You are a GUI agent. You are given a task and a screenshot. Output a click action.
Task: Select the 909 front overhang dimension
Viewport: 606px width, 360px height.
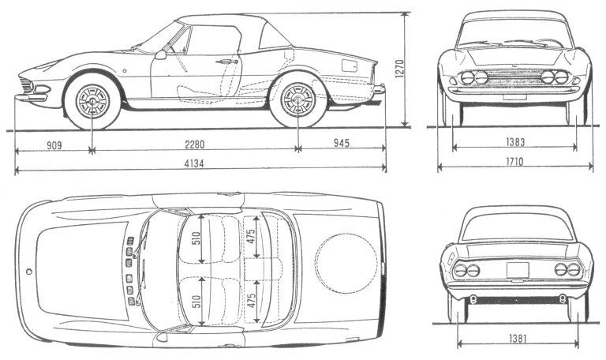tap(54, 144)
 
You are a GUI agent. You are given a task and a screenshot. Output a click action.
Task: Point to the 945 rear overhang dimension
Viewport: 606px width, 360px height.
tap(340, 144)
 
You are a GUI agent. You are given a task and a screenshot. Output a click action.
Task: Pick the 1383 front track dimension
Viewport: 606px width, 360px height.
tap(515, 144)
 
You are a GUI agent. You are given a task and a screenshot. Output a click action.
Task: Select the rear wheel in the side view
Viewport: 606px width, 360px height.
tap(297, 100)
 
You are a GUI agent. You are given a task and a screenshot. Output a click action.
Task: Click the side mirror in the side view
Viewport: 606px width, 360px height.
tap(161, 54)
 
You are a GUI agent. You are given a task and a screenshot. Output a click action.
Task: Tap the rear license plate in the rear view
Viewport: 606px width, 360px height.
tap(518, 270)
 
